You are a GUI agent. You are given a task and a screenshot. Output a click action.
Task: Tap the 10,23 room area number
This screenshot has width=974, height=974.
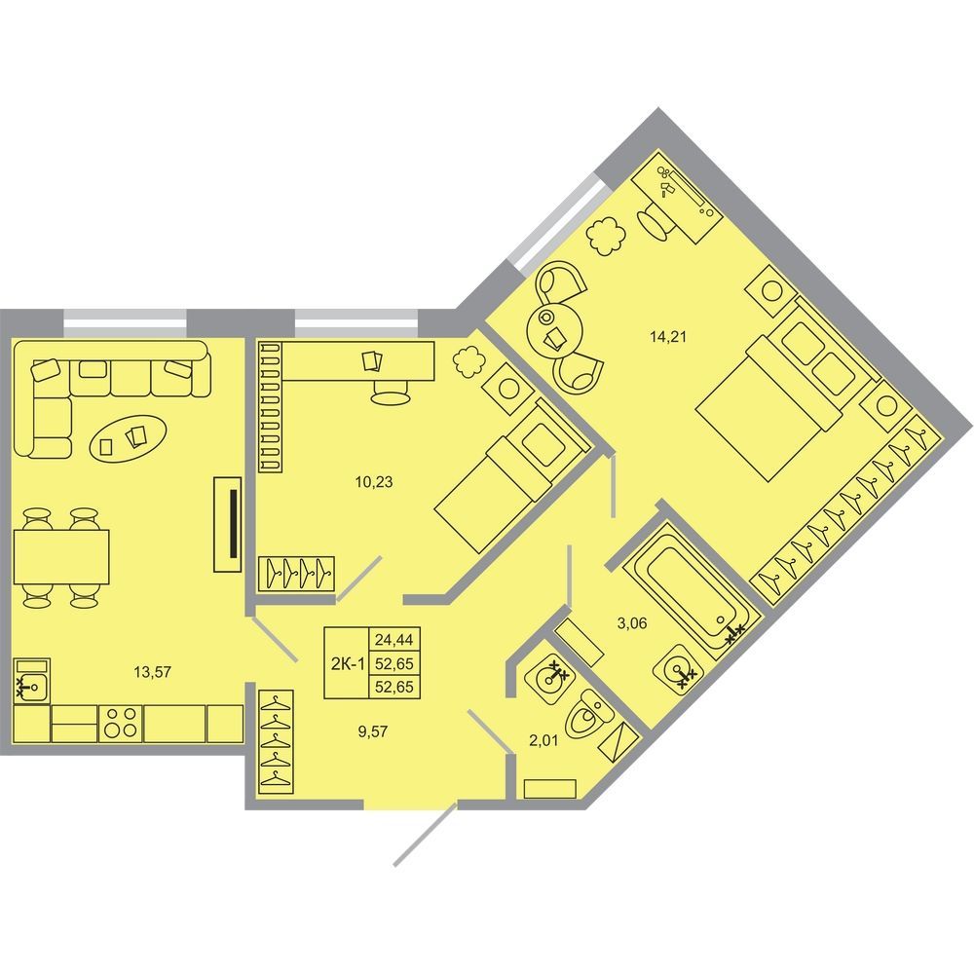point(374,481)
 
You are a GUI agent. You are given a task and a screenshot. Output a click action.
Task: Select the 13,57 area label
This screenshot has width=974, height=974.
point(152,671)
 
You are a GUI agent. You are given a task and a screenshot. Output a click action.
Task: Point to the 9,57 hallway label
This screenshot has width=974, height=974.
point(373,731)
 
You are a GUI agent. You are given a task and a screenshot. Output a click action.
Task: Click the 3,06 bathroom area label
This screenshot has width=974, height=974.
point(632,623)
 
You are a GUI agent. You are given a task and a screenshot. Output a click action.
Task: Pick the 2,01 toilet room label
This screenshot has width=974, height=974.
point(543,740)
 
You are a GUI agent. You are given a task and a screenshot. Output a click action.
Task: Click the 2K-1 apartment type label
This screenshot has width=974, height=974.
point(348,664)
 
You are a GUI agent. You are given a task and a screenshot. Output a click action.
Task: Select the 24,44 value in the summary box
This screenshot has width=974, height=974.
point(394,639)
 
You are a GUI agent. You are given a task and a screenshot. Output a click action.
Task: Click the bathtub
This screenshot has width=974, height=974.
point(691,587)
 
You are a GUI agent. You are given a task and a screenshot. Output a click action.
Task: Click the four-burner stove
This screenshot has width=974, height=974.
point(121,723)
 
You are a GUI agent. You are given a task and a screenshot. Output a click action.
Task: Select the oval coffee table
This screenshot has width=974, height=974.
point(129,438)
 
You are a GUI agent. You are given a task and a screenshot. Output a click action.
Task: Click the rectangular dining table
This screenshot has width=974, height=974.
point(60,556)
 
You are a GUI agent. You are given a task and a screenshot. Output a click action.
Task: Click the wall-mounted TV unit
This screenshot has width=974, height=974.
point(227,524)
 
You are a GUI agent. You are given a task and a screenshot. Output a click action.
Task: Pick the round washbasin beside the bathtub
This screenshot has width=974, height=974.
point(678,668)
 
